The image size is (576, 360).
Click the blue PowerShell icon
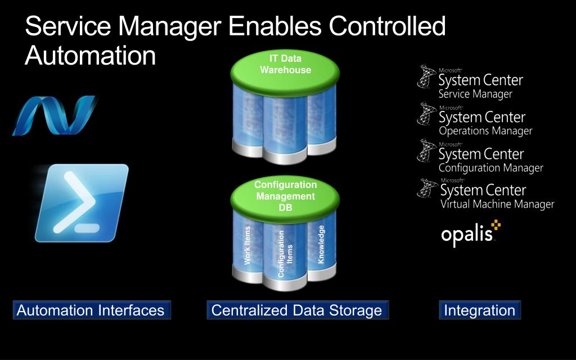[x=82, y=202]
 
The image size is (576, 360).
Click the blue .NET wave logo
[x=53, y=115]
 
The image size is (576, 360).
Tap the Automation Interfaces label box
[x=91, y=310]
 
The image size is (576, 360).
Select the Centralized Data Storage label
[x=296, y=310]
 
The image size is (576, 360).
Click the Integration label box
[x=479, y=310]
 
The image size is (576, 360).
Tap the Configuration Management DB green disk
[x=285, y=196]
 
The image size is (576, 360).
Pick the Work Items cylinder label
[x=247, y=245]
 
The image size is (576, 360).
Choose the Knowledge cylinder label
[x=322, y=244]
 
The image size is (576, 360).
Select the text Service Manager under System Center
[x=475, y=94]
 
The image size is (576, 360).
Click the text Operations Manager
[x=485, y=131]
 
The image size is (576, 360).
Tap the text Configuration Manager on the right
[x=490, y=168]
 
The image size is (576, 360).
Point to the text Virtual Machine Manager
[x=497, y=204]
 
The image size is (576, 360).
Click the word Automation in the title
[x=90, y=56]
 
